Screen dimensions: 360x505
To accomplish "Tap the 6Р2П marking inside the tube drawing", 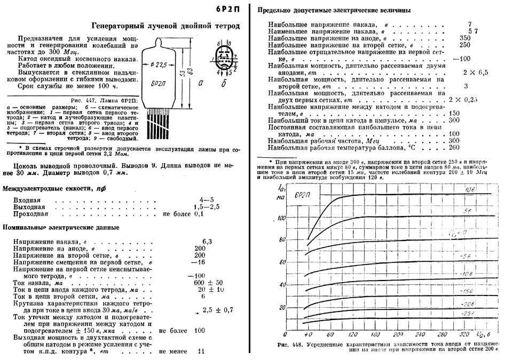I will point(160,85).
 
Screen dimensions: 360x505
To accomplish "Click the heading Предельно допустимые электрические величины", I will point(334,10).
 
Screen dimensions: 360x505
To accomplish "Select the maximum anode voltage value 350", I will point(465,38).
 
